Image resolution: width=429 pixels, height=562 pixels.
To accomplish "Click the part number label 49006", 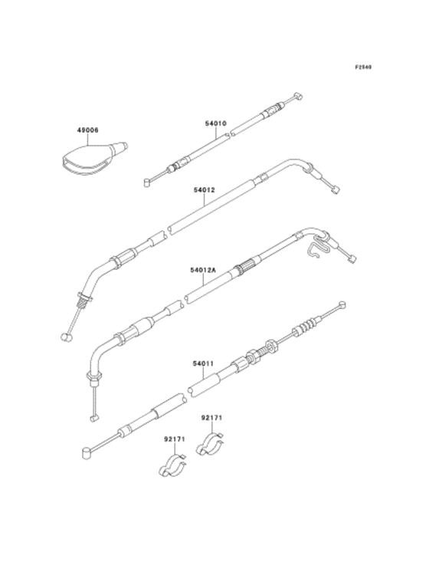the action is tap(88, 130).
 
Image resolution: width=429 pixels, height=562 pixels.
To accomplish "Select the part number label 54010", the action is tap(215, 123).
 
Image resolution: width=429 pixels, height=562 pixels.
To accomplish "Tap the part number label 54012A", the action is tap(203, 270).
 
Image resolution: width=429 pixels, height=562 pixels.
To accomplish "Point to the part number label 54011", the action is tap(203, 363).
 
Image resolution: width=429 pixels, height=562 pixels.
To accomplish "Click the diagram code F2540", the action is tap(363, 67).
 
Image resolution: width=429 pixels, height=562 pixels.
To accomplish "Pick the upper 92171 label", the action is tap(211, 418).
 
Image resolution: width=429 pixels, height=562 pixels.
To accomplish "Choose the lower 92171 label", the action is tap(175, 439).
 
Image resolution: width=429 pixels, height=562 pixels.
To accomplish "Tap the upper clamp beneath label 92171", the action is tap(211, 445).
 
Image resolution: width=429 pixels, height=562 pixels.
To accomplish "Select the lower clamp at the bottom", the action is tap(173, 466).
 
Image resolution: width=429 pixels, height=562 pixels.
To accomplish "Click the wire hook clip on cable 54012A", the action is tap(318, 246).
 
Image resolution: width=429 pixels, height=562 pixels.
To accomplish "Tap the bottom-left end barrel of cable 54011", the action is tap(86, 452).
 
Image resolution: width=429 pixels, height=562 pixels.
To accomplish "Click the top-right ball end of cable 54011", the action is tap(342, 304).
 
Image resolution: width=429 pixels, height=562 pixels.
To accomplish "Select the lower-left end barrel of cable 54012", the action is tap(67, 337).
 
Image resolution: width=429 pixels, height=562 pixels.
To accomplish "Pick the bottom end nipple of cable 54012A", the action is tap(93, 418).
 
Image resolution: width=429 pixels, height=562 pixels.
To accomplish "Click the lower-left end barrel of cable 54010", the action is tap(147, 182).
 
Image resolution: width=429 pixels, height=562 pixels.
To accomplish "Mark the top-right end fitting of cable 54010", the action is tap(298, 96).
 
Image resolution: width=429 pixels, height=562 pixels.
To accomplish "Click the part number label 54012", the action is tap(205, 190).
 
